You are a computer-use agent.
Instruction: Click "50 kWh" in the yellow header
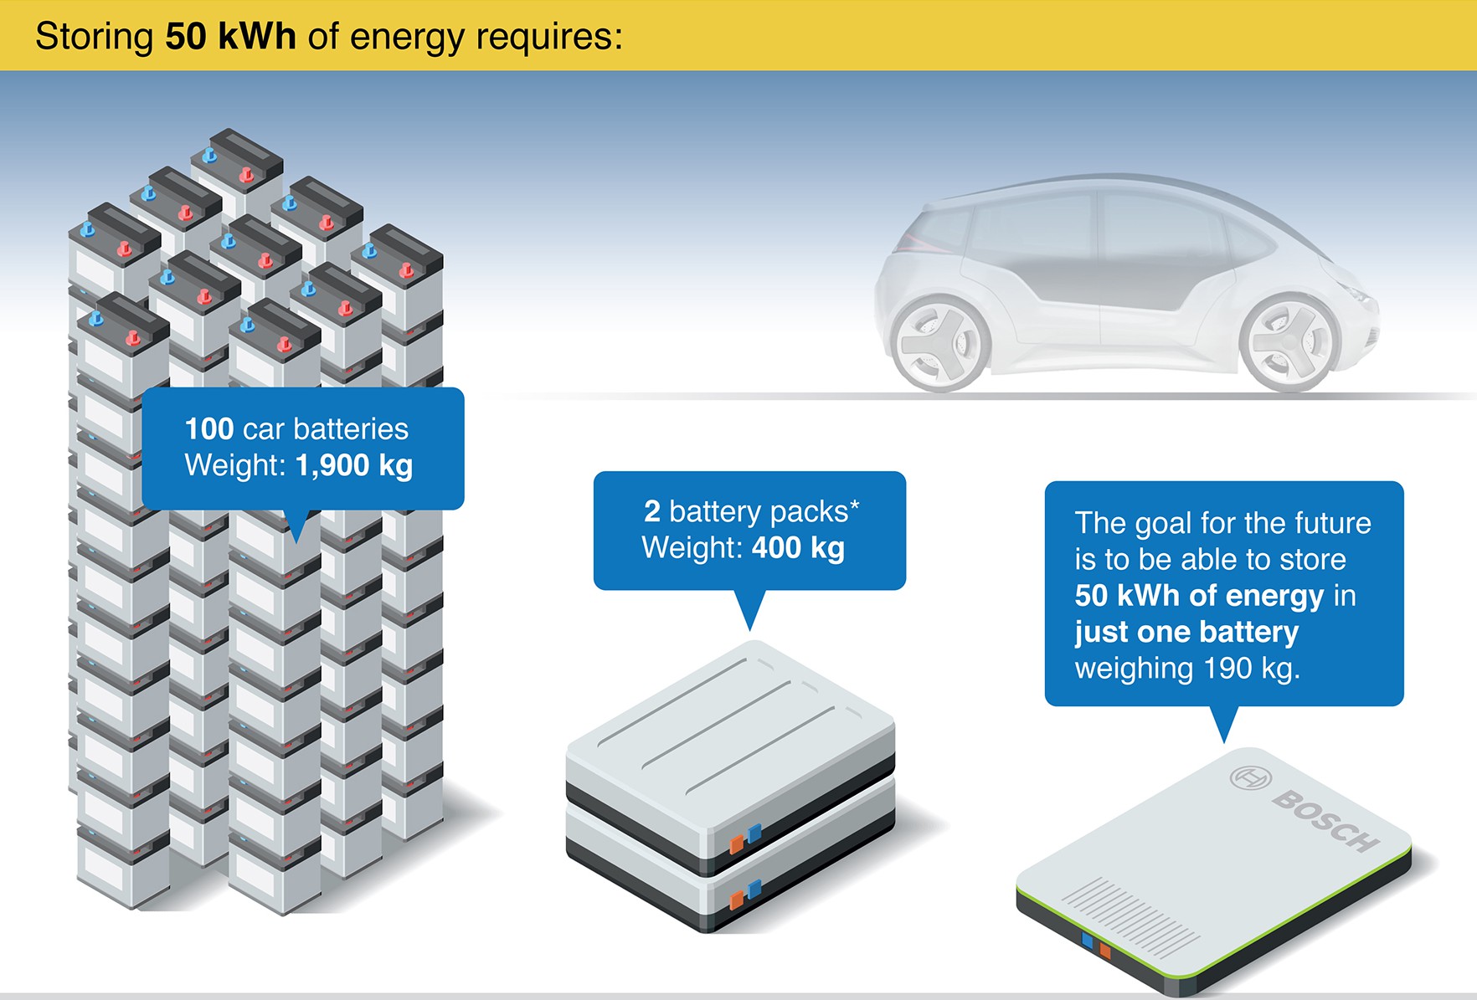[x=230, y=37]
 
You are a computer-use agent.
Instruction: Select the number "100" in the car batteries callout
[x=208, y=429]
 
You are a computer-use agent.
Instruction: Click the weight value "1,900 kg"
[x=354, y=465]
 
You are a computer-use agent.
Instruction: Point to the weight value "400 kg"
[x=798, y=548]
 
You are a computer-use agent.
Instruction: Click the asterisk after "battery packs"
[x=854, y=506]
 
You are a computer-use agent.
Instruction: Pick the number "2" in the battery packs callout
[x=651, y=511]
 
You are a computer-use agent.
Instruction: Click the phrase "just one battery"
[x=1186, y=632]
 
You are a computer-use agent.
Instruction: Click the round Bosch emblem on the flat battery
[x=1250, y=777]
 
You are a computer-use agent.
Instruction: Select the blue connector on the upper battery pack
[x=754, y=833]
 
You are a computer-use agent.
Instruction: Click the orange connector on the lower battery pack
[x=736, y=900]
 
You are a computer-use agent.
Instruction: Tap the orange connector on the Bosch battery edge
[x=1104, y=950]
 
